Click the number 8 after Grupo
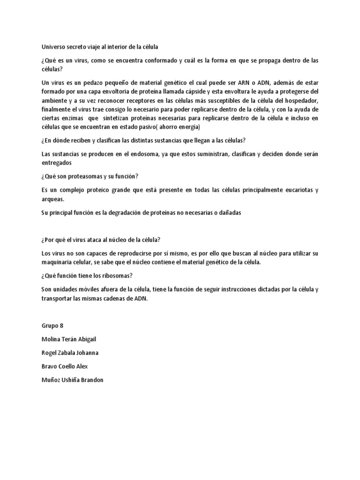click(61, 325)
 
